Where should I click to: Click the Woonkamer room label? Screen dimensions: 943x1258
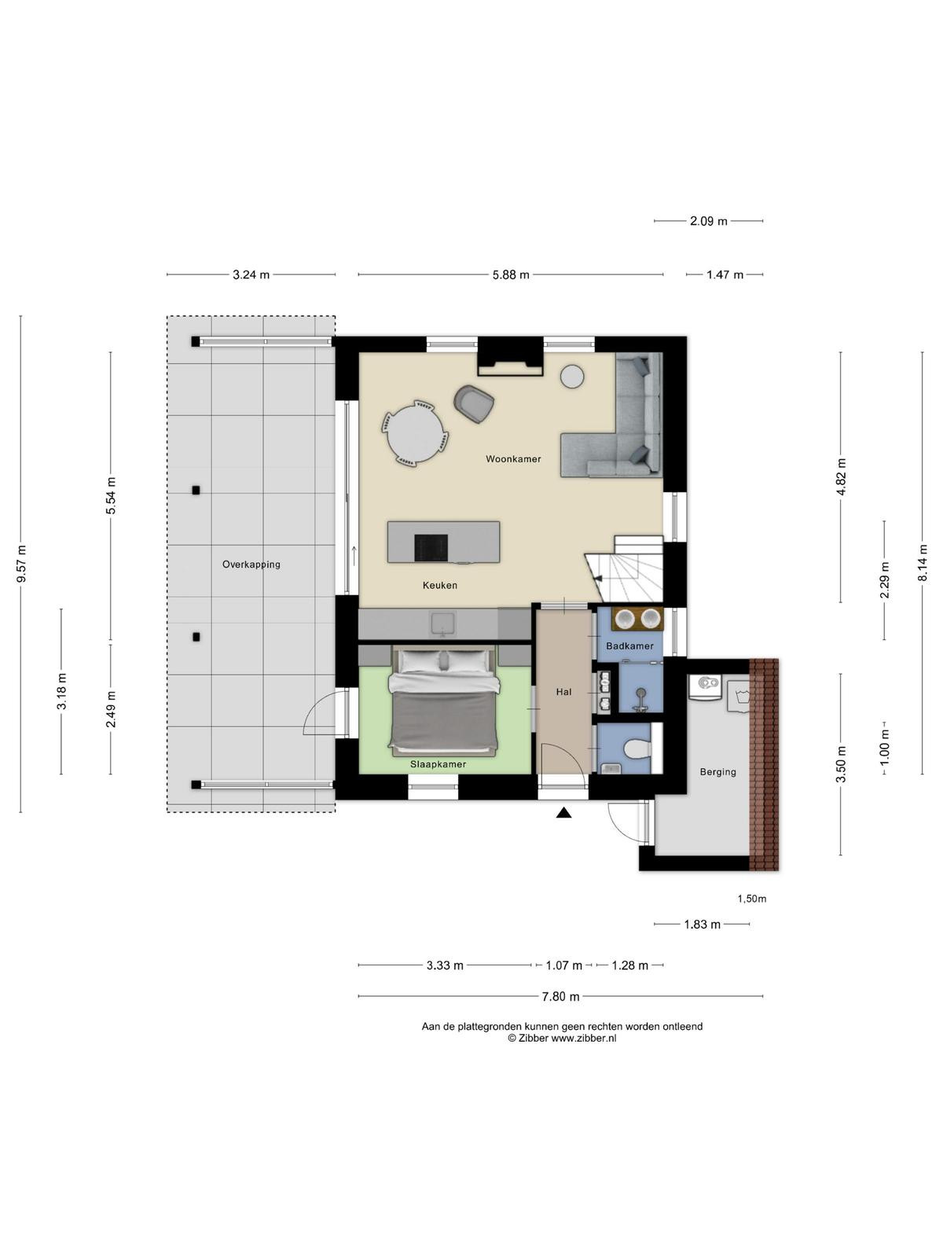coord(513,459)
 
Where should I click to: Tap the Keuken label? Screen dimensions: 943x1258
coord(440,585)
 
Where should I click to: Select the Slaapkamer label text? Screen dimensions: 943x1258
coord(438,764)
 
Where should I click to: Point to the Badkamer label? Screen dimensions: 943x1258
coord(629,646)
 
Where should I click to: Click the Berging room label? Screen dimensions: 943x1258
coord(718,772)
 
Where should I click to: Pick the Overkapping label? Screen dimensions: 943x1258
coord(251,565)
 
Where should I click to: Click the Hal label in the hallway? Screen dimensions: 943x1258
coord(564,692)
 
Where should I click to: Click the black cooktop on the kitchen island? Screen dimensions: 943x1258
coord(431,547)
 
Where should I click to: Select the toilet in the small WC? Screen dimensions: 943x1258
coord(638,748)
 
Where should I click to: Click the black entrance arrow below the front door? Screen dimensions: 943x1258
coord(564,813)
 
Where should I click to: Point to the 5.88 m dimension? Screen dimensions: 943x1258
coord(511,275)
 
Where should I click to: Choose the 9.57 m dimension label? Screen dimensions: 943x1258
coord(22,564)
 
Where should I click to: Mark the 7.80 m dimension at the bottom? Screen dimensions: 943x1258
coord(560,997)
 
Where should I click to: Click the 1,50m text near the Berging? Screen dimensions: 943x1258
coord(752,899)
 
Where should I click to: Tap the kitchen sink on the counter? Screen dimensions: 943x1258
coord(442,624)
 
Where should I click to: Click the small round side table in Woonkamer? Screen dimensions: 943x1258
coord(572,377)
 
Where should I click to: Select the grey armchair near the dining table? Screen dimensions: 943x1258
coord(474,403)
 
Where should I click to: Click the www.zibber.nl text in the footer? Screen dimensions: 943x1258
coord(583,1039)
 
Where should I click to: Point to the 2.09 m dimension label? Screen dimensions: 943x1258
coord(708,221)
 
